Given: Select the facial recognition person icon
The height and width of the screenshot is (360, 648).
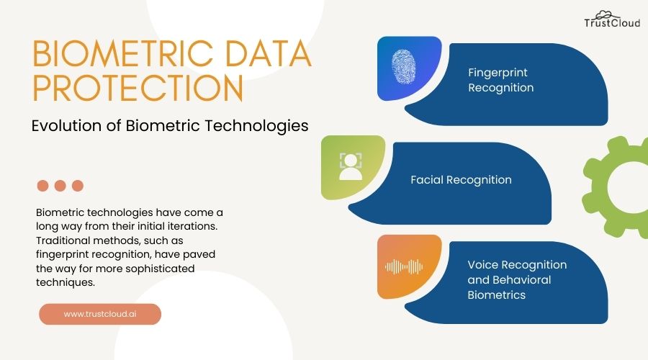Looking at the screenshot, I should [351, 166].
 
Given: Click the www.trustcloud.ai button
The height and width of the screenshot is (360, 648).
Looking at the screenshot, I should [100, 314].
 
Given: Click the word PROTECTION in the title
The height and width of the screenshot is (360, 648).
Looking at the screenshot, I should [138, 89].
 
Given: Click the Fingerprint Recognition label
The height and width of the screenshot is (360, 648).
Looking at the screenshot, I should [501, 80].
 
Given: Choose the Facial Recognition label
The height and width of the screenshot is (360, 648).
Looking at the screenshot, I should [461, 179].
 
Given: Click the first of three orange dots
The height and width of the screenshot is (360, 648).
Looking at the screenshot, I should [42, 186].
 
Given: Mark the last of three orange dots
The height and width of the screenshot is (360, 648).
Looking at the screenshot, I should [78, 186].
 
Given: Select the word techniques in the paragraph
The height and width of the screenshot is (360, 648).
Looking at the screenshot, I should [65, 282].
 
